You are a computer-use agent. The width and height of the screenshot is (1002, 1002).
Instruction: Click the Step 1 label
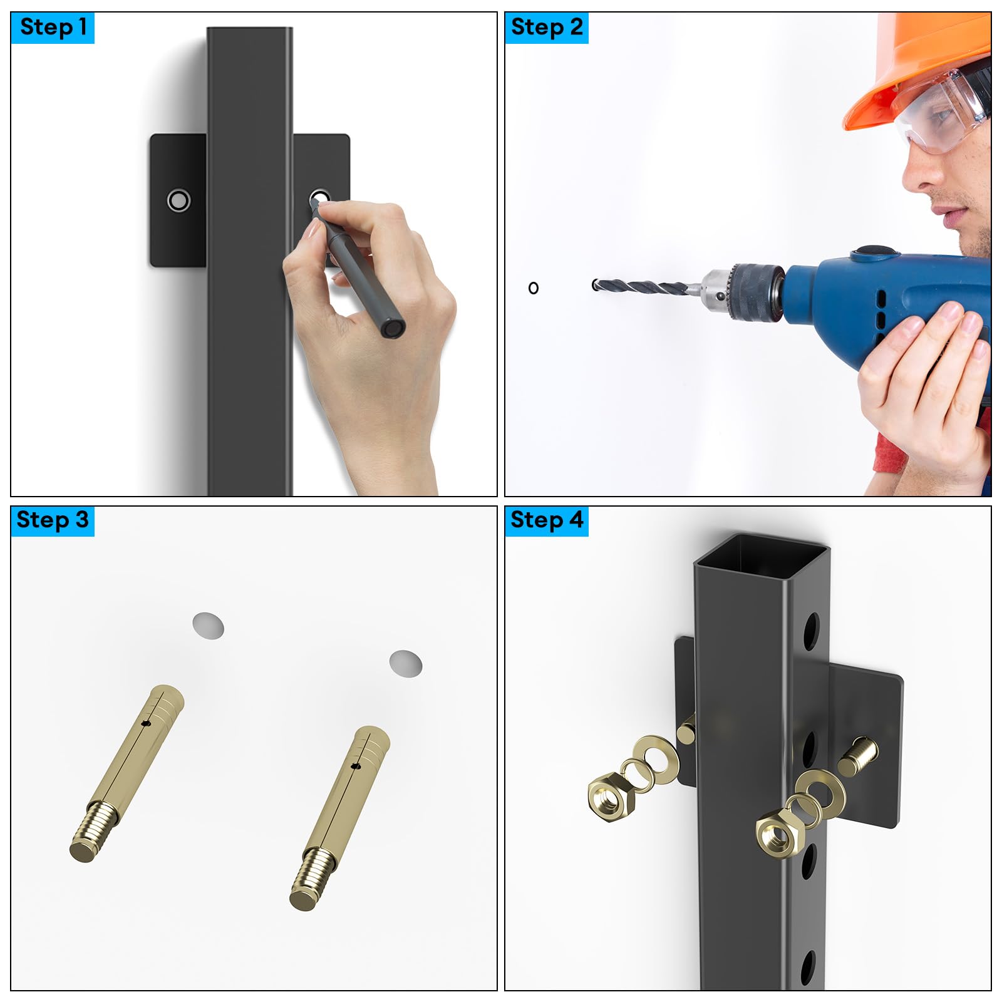point(53,28)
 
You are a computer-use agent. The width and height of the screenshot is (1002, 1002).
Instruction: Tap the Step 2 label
point(547,28)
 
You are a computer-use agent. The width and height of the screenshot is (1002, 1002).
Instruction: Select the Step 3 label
point(53,520)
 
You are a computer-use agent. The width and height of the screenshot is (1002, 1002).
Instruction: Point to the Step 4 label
point(547,520)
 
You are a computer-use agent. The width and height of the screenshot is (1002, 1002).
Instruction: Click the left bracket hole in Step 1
point(178,200)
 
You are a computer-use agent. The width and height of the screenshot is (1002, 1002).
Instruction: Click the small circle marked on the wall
point(534,288)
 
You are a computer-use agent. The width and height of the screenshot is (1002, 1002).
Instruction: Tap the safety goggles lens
point(943,113)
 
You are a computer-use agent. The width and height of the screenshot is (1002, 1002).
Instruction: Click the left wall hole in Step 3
point(208,626)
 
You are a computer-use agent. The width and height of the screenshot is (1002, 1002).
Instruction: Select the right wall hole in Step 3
point(406,664)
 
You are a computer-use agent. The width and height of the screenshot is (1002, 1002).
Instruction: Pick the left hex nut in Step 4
point(611,794)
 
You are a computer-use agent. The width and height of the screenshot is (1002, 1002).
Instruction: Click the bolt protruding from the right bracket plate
point(857,757)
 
